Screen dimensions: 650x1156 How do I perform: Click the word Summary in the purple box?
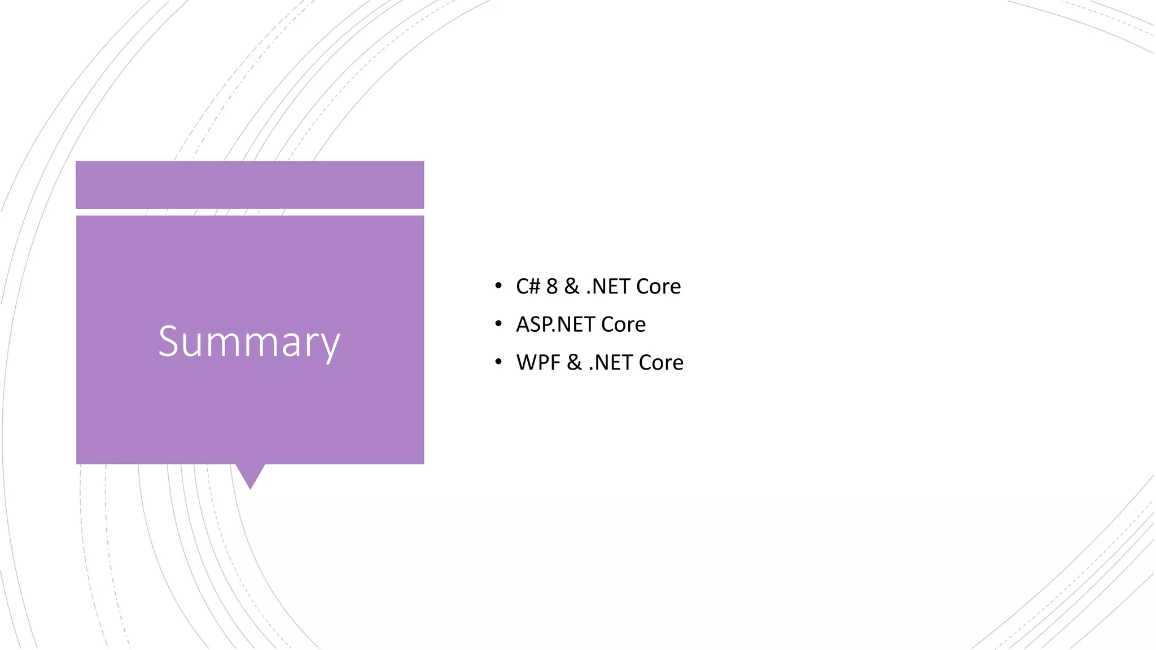[x=249, y=341]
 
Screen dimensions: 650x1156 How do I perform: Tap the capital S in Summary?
[x=169, y=341]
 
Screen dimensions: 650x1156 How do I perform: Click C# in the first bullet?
[x=528, y=287]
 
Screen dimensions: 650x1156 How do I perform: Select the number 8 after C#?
[x=551, y=287]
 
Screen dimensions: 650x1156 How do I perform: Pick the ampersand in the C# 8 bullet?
[x=572, y=287]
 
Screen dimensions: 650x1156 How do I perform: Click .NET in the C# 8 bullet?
[x=608, y=287]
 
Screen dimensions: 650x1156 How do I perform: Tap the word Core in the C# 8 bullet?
[x=658, y=287]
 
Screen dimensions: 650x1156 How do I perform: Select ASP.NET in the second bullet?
[x=555, y=324]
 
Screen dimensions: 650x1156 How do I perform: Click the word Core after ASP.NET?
[x=623, y=324]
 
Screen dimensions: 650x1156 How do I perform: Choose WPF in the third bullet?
[x=538, y=362]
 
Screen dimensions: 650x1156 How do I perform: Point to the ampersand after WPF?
[x=574, y=362]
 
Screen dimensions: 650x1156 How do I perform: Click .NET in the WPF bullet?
[x=610, y=362]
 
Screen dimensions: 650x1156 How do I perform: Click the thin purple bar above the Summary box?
[x=249, y=185]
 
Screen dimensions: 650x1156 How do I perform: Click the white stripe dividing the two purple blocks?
[x=249, y=212]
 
